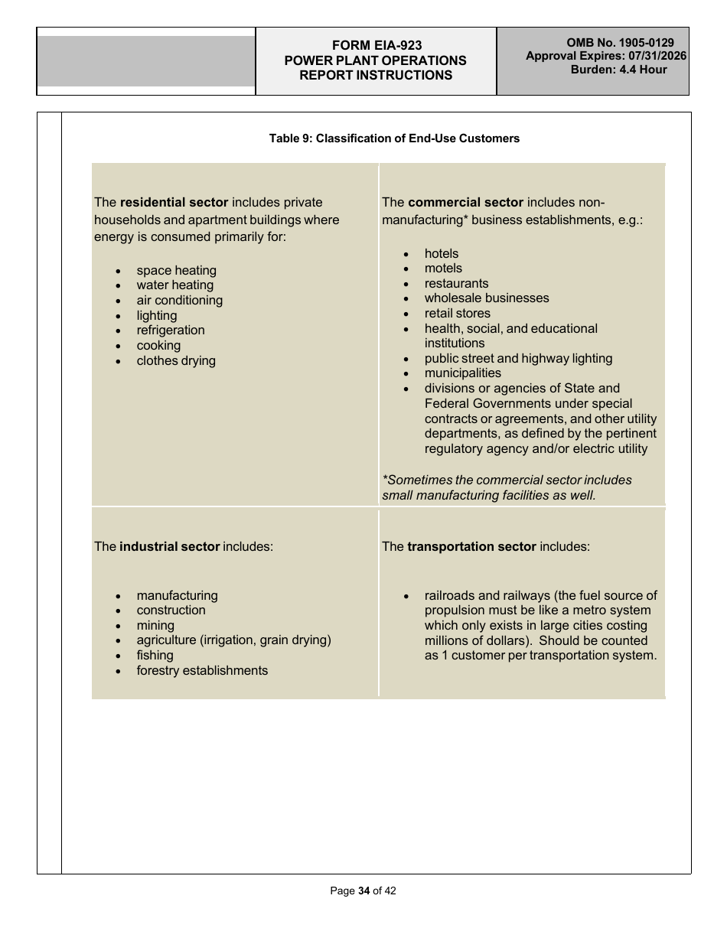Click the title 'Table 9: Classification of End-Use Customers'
pyautogui.click(x=394, y=138)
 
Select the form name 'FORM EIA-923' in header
pyautogui.click(x=376, y=46)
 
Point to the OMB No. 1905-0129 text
pyautogui.click(x=620, y=43)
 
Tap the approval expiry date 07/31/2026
pyautogui.click(x=657, y=56)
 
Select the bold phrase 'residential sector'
pyautogui.click(x=174, y=203)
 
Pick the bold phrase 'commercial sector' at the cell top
pyautogui.click(x=465, y=203)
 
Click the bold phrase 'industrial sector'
pyautogui.click(x=169, y=547)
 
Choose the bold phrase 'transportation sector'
pyautogui.click(x=471, y=547)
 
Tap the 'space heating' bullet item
pyautogui.click(x=176, y=271)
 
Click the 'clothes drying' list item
pyautogui.click(x=176, y=361)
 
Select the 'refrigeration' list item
pyautogui.click(x=171, y=330)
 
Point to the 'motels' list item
pyautogui.click(x=443, y=269)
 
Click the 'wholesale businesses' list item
pyautogui.click(x=487, y=298)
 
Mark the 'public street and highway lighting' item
pyautogui.click(x=518, y=359)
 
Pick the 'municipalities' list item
pyautogui.click(x=462, y=373)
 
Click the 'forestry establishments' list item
pyautogui.click(x=202, y=671)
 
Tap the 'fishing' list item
pyautogui.click(x=155, y=656)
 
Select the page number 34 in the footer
pyautogui.click(x=363, y=891)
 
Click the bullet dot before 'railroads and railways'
pyautogui.click(x=406, y=596)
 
